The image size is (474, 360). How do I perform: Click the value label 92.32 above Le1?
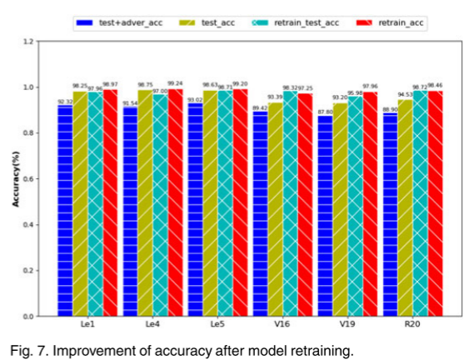(64, 102)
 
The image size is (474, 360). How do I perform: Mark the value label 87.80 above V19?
(324, 112)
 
